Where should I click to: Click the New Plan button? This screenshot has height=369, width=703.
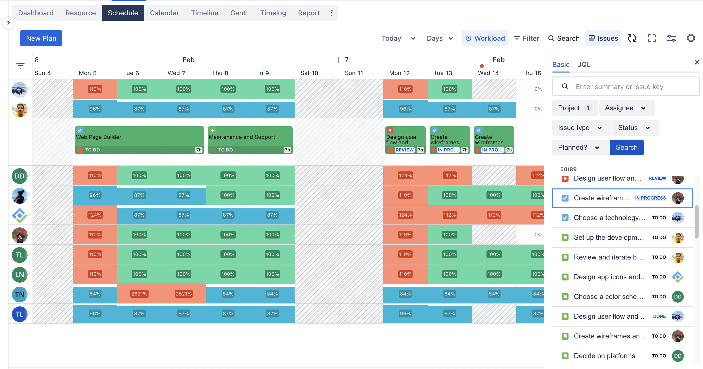point(41,38)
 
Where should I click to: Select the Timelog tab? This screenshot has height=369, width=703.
point(273,13)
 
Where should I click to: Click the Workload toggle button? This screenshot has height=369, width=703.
point(485,38)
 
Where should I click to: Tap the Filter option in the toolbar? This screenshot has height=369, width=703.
point(526,38)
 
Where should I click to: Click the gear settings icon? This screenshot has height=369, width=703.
point(691,38)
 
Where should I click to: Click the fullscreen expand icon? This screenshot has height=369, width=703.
point(652,38)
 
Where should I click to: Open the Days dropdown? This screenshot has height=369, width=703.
point(439,38)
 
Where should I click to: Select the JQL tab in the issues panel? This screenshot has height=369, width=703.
point(584,65)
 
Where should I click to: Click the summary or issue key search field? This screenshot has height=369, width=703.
point(625,87)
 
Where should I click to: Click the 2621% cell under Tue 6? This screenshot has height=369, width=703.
point(139,294)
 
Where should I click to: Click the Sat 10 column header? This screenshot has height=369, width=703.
point(309,73)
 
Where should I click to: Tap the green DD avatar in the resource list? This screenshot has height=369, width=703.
point(19,176)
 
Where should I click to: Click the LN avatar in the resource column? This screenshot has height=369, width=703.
point(19,275)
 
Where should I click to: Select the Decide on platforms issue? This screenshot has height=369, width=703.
point(604,356)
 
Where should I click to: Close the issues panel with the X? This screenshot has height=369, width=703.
point(697,62)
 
